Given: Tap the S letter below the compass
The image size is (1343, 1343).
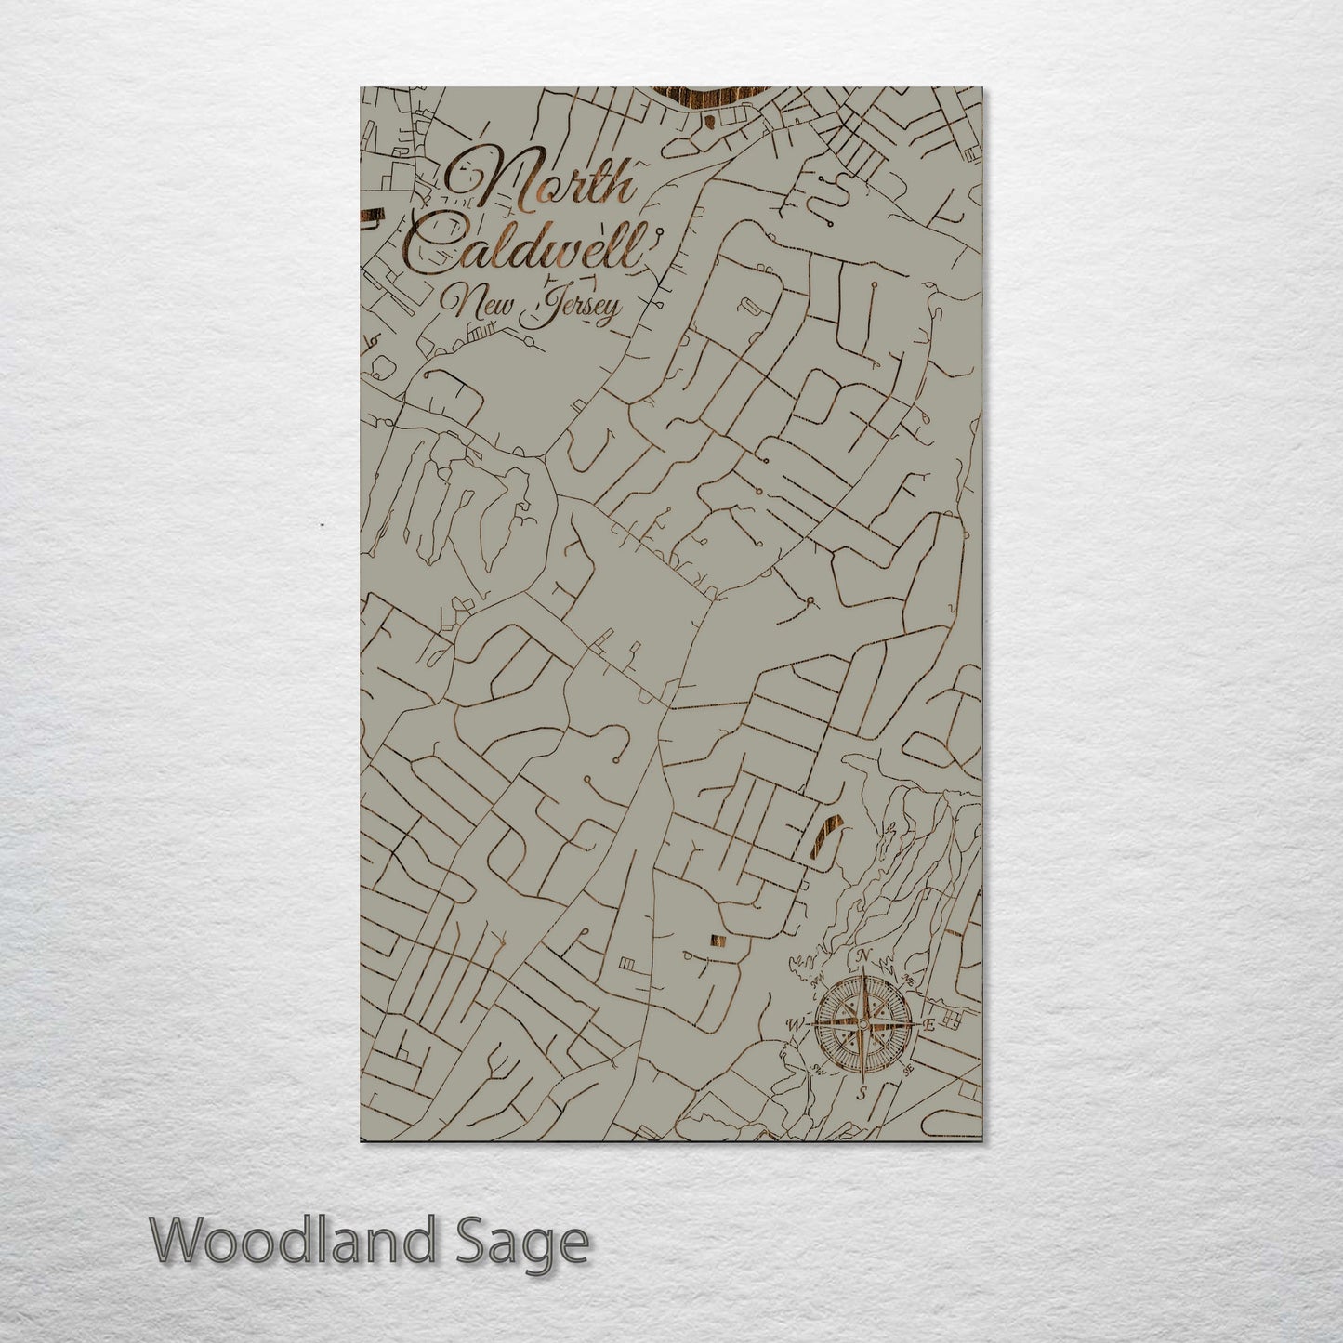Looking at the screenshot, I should [x=862, y=1093].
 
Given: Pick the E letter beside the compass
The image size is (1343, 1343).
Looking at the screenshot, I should [x=928, y=1024].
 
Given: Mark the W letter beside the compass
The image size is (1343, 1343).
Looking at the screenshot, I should [x=796, y=1025].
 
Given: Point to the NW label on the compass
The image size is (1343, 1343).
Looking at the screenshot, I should [x=819, y=981].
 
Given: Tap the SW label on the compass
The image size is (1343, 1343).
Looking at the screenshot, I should [x=819, y=1069].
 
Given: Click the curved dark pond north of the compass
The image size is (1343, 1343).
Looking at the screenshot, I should [x=826, y=832].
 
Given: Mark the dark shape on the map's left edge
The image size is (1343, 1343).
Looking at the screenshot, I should [x=371, y=217].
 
